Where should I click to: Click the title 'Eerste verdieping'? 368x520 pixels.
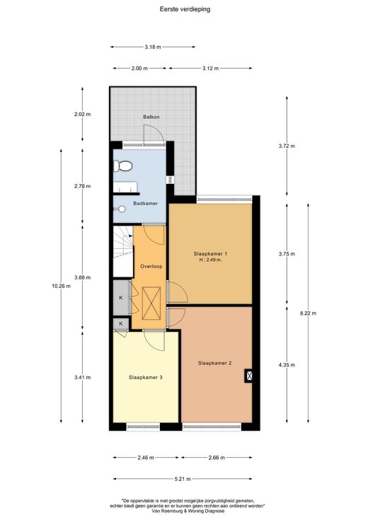coord(185,9)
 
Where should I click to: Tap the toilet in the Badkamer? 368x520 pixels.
coord(122,166)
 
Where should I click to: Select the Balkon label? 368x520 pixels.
coord(151,117)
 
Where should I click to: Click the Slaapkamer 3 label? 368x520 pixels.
coord(146,377)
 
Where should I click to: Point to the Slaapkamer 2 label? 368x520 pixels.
coord(214,363)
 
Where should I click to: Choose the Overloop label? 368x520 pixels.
coord(151,266)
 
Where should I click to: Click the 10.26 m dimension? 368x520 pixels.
coord(61,287)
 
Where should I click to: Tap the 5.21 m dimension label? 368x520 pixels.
coord(183,479)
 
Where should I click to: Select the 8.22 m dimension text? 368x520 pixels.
coord(309,313)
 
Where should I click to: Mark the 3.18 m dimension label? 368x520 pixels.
coord(153,47)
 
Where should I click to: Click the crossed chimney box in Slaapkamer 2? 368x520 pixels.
coord(249,376)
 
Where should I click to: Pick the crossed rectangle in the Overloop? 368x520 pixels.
coord(151,304)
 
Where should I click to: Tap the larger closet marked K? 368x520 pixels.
coord(121,297)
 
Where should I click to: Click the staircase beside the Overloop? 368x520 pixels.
coord(123,251)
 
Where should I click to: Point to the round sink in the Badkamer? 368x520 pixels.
coord(122,209)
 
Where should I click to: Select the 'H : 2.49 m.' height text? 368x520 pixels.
coord(210,260)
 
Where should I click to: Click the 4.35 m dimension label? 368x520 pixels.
coord(287,365)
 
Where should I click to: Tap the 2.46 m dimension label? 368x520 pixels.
coord(146,458)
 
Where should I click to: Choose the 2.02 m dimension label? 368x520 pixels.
coord(82,114)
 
